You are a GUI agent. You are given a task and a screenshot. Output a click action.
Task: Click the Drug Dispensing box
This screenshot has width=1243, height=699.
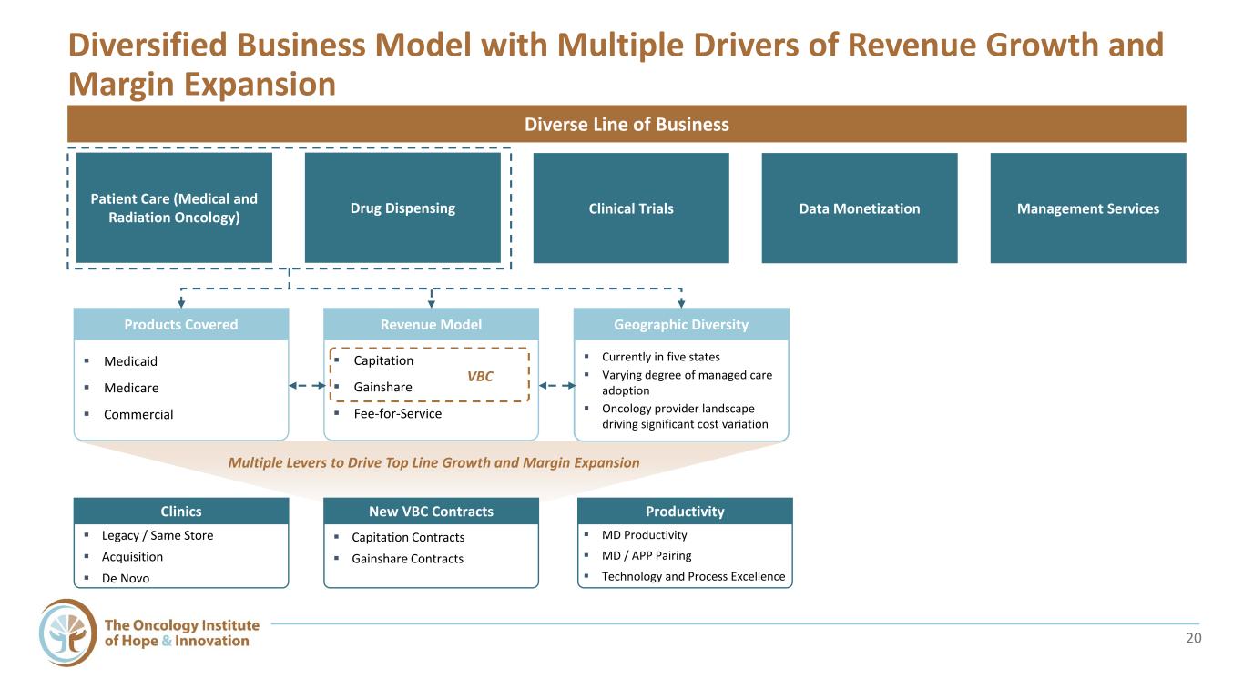tap(402, 208)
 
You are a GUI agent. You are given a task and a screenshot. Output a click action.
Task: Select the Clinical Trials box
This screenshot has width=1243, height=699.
tap(631, 208)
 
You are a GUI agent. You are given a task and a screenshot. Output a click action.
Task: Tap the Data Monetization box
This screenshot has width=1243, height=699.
tap(860, 208)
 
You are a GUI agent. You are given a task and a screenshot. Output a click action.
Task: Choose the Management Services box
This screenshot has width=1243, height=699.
tap(1088, 208)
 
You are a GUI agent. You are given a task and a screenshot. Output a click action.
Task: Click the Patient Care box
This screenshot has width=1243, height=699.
tap(174, 208)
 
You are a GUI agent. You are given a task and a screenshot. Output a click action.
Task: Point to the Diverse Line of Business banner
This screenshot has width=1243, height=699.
tap(627, 124)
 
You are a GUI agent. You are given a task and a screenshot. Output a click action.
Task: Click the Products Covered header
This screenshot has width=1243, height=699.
tap(181, 325)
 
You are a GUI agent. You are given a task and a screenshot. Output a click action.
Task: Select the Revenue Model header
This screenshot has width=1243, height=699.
tap(431, 325)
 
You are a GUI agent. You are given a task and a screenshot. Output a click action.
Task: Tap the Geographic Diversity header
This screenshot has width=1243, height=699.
tap(681, 325)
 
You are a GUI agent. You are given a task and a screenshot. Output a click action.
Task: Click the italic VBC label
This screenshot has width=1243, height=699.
tap(479, 377)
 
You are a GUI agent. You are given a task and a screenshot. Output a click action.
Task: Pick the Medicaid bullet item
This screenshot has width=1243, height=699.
tap(130, 361)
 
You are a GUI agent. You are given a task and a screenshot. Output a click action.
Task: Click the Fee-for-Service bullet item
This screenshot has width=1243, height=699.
tap(397, 413)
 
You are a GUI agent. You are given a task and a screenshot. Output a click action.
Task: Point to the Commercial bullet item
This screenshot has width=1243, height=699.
tap(138, 414)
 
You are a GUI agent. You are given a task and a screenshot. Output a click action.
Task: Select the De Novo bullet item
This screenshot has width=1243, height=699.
tap(126, 578)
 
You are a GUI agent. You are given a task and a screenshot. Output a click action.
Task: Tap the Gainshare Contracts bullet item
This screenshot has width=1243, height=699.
tap(407, 559)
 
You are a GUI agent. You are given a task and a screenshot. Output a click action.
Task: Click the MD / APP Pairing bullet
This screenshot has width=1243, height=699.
tap(647, 555)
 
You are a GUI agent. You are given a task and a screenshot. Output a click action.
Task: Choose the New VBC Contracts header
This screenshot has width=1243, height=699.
tap(431, 511)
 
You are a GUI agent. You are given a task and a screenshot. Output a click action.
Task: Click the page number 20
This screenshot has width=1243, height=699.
tap(1194, 638)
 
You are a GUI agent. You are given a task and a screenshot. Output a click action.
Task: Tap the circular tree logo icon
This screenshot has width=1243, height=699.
tap(67, 633)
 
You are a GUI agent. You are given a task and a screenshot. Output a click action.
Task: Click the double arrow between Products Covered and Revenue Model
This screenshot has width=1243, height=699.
tap(306, 386)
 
